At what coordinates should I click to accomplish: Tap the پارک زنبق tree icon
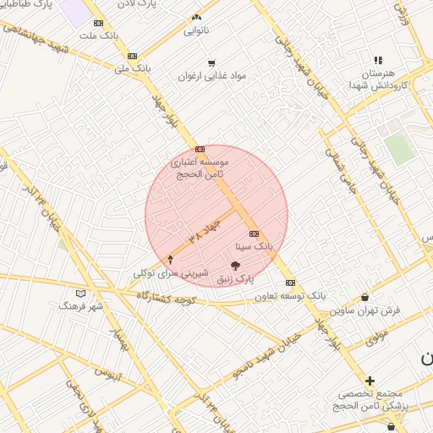click(x=246, y=266)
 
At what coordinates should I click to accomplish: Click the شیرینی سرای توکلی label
click(x=167, y=273)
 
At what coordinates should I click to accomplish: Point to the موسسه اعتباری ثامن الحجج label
click(x=200, y=167)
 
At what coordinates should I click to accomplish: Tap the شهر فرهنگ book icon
click(x=80, y=293)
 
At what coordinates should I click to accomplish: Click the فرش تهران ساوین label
click(x=364, y=310)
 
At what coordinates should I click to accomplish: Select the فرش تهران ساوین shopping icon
click(x=364, y=298)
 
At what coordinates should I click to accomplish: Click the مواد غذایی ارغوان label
click(x=211, y=75)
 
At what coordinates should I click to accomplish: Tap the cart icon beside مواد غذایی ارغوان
click(x=211, y=63)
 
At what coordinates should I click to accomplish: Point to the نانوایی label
click(x=196, y=31)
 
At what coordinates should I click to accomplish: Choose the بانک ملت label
click(x=98, y=36)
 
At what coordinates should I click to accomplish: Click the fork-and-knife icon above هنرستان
click(x=378, y=60)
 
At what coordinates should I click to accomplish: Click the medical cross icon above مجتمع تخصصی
click(x=370, y=381)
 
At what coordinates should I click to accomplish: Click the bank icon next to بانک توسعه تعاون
click(x=290, y=282)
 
